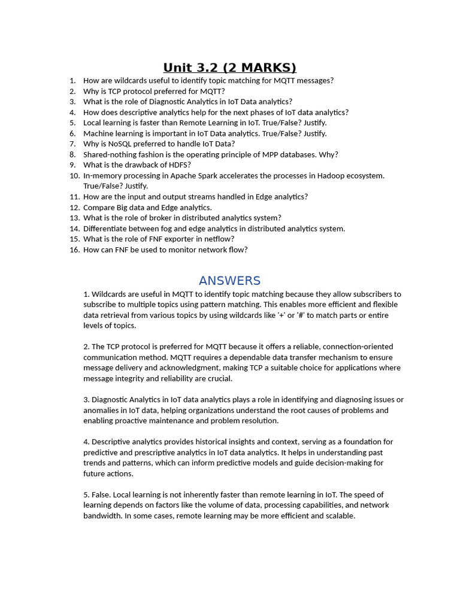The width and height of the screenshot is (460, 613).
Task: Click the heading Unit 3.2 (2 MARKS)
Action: (230, 67)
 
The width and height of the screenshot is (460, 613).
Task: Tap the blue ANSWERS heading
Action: (229, 281)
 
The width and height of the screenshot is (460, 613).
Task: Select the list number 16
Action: (74, 250)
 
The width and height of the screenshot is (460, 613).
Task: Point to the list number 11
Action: (74, 196)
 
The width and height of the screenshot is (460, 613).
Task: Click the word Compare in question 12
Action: (98, 207)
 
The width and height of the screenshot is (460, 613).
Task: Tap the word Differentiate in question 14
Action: (105, 229)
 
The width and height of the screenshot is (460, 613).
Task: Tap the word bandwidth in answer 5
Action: (102, 515)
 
